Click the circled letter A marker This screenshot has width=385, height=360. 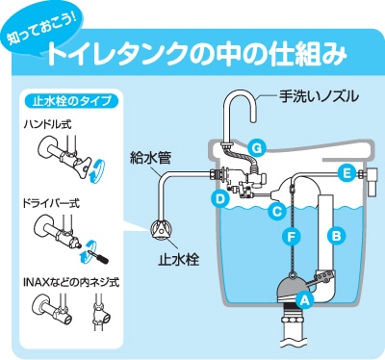pyautogui.click(x=304, y=300)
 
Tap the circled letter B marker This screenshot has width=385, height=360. pyautogui.click(x=336, y=236)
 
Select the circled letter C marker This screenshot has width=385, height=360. pyautogui.click(x=276, y=211)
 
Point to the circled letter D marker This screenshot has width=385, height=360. pyautogui.click(x=220, y=199)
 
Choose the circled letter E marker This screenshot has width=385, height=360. pyautogui.click(x=346, y=173)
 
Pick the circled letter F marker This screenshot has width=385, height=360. pyautogui.click(x=292, y=237)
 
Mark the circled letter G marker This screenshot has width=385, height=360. pyautogui.click(x=257, y=148)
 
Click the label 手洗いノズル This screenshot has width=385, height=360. pyautogui.click(x=319, y=96)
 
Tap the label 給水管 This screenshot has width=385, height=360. pyautogui.click(x=150, y=158)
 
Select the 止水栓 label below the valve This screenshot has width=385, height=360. pyautogui.click(x=179, y=259)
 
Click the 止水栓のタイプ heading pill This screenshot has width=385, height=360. pyautogui.click(x=72, y=101)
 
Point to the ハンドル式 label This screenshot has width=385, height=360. pyautogui.click(x=48, y=124)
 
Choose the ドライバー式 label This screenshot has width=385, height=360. pyautogui.click(x=51, y=203)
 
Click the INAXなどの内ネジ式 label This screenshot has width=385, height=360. pyautogui.click(x=71, y=282)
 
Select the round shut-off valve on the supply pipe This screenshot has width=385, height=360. pyautogui.click(x=161, y=229)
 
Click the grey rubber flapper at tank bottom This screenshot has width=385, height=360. pyautogui.click(x=291, y=288)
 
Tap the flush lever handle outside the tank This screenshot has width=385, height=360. pyautogui.click(x=372, y=181)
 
